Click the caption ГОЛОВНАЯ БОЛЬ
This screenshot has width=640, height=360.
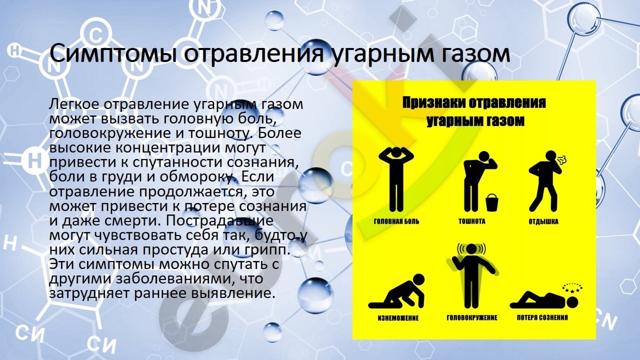pos(396,221)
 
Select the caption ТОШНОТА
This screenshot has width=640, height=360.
pos(471,221)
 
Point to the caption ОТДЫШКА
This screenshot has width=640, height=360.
pos(543,221)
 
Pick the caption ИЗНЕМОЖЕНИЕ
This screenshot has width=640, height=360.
pos(398,318)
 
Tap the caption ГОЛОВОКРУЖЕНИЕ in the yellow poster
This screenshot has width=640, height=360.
pos(472,317)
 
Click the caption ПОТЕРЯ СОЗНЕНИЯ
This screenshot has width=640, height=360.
pos(542,317)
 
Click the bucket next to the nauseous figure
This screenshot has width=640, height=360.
pos(491,202)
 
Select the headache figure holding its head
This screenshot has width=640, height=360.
pos(395,180)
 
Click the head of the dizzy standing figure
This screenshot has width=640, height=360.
pos(471,249)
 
